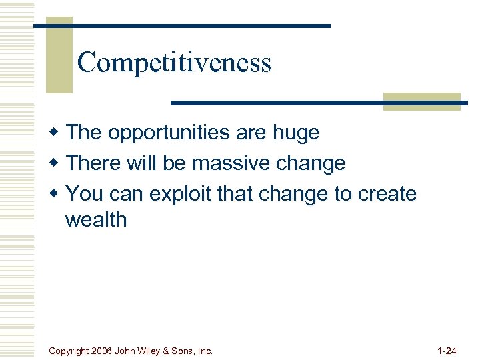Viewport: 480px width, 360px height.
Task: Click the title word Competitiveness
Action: coord(174,63)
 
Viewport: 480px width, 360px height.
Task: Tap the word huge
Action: coord(295,133)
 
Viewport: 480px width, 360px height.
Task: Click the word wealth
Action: coord(95,219)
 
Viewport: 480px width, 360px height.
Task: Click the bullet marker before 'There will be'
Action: coord(57,163)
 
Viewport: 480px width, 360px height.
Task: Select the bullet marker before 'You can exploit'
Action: coord(57,193)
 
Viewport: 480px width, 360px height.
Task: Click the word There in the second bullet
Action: coord(93,163)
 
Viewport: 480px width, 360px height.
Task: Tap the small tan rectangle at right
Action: coord(422,101)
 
